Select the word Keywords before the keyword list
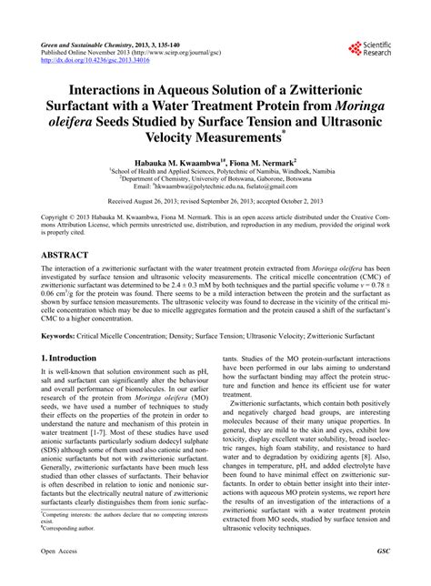pos(58,334)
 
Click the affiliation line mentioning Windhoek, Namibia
pos(215,170)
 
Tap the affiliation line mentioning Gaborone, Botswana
pos(215,179)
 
